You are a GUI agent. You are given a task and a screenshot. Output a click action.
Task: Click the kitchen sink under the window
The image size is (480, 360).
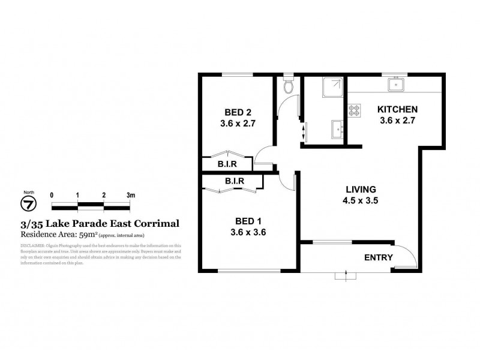[x=395, y=85]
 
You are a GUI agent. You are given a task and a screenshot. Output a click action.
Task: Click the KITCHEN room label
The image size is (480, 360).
[x=397, y=109]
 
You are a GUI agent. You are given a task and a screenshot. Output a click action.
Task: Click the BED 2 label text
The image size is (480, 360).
[x=238, y=112]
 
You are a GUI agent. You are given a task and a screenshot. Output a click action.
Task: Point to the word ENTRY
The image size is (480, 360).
[x=379, y=258]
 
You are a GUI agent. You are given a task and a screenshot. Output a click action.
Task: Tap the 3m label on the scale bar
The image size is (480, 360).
[x=130, y=196]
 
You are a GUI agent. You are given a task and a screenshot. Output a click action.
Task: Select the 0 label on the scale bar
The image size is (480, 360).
[x=52, y=196]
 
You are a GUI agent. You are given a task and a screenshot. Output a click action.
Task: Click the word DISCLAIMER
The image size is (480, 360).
[x=35, y=245]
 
